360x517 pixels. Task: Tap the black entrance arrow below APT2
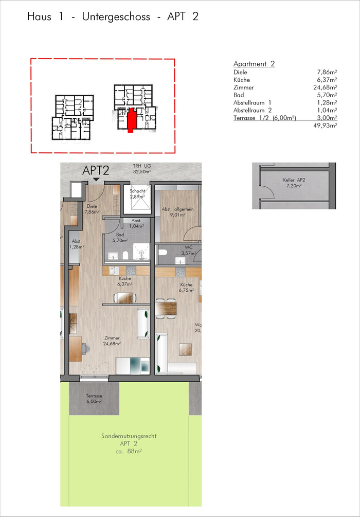[96, 180]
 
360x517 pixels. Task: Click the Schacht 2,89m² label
[137, 194]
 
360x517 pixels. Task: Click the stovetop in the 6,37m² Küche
[131, 271]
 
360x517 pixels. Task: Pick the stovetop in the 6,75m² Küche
[180, 271]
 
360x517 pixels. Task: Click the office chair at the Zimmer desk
[84, 348]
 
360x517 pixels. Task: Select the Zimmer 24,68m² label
[112, 341]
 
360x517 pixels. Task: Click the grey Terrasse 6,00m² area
[94, 398]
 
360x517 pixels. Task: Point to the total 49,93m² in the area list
[327, 126]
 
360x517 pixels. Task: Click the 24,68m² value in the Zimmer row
[325, 87]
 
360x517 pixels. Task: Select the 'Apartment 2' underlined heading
[254, 64]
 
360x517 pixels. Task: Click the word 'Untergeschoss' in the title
[117, 17]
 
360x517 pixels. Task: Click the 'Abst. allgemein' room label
[177, 209]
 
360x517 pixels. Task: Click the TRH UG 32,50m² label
[142, 169]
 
